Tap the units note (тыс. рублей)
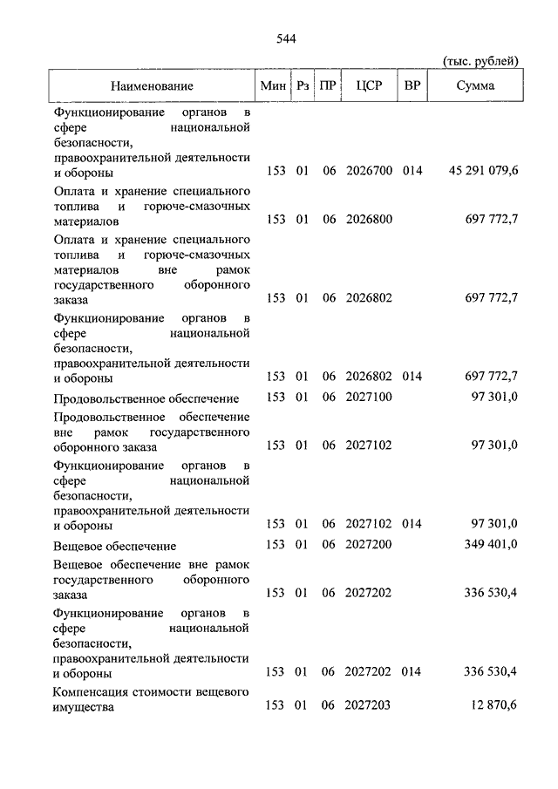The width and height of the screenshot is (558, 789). tap(481, 61)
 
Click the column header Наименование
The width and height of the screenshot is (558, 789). tap(152, 85)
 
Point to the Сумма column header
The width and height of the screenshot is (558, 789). tap(475, 85)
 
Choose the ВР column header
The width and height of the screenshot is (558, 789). tap(412, 85)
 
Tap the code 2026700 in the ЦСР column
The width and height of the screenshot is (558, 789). tap(369, 171)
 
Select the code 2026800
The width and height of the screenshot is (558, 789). tap(369, 218)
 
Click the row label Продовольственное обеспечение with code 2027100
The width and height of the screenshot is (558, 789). tap(133, 398)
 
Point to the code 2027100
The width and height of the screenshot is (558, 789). tap(369, 398)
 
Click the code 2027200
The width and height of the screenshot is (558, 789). tap(369, 546)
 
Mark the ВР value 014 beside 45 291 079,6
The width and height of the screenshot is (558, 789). tap(412, 171)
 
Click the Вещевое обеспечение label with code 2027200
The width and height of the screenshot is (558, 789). tap(114, 546)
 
